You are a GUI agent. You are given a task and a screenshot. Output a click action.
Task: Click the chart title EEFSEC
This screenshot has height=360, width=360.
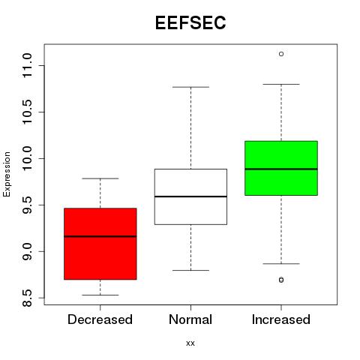pos(190,22)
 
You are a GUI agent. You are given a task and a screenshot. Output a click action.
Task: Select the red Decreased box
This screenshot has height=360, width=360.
pos(100,244)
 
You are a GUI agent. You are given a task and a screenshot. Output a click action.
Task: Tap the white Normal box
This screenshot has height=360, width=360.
pos(190,196)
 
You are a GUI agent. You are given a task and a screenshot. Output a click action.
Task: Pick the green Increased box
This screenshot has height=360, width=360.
pos(281,168)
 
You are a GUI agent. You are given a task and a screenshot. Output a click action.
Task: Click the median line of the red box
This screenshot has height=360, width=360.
pos(100,236)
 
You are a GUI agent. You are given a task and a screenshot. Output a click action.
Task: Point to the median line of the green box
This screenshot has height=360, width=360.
pos(281,169)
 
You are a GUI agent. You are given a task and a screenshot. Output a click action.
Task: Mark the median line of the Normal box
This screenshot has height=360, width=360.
pos(190,196)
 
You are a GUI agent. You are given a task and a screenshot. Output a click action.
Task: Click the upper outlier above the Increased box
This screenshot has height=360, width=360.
pos(281,54)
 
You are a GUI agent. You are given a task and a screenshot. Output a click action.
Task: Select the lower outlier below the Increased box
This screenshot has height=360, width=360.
pos(281,280)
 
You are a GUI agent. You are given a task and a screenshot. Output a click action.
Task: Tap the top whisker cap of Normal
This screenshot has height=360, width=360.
pos(190,87)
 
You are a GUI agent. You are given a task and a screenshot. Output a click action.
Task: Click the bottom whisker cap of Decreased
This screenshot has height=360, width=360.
pos(100,295)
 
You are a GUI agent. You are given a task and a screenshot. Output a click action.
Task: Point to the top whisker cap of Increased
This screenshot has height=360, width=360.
pos(281,84)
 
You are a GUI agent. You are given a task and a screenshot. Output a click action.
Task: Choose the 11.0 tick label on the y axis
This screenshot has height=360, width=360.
pos(27,65)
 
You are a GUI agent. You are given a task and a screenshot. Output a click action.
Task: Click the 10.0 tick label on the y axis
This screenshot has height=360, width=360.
pos(27,158)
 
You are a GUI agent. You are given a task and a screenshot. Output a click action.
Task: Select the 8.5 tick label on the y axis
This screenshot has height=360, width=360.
pos(27,298)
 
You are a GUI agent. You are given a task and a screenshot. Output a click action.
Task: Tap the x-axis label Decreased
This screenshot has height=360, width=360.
pos(100,319)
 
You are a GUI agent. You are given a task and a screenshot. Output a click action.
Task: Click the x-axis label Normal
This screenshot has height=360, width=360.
pos(190,319)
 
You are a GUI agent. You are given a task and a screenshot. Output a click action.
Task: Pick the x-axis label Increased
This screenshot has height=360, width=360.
pos(281,319)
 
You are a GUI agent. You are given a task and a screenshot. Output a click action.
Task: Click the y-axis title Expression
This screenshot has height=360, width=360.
pos(7,174)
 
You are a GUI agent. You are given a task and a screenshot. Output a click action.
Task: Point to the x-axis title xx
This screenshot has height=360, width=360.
pos(190,343)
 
